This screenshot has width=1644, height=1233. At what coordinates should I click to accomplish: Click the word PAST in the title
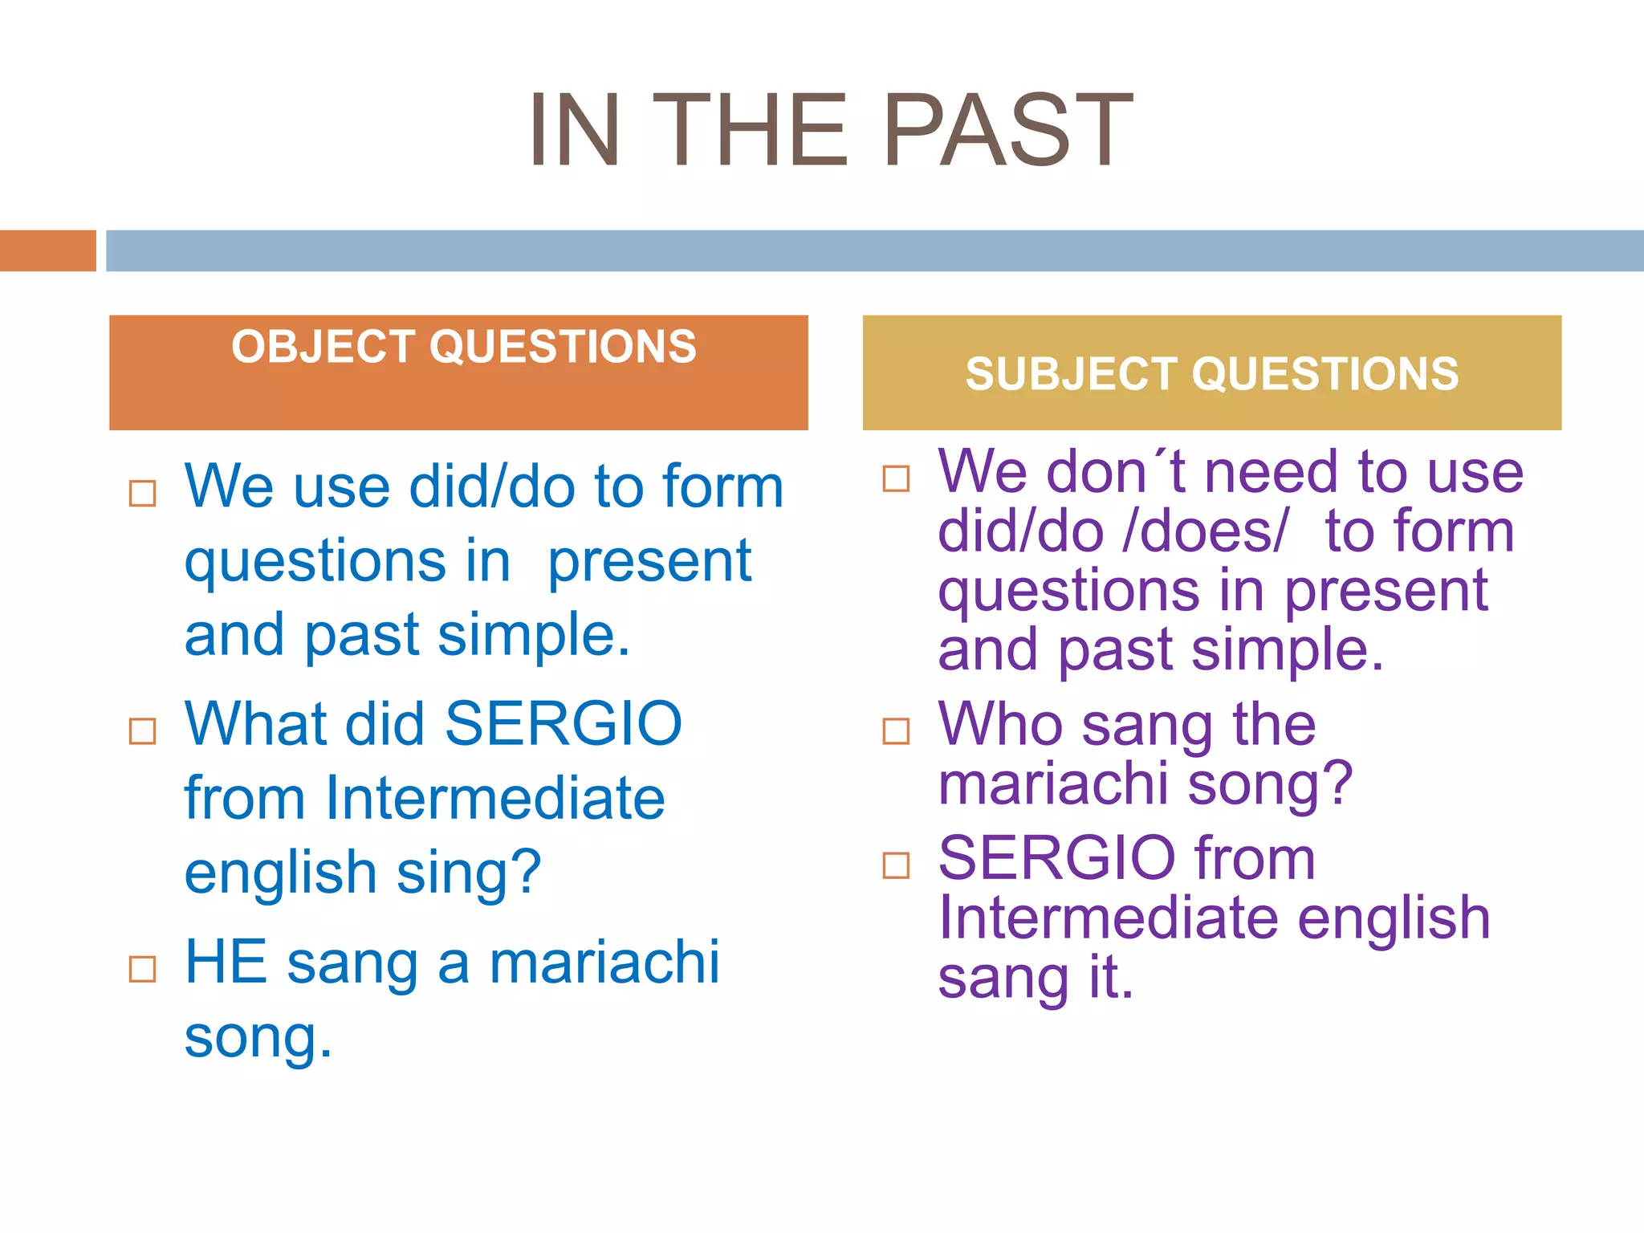click(1007, 130)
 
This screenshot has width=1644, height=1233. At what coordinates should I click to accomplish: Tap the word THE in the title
click(751, 130)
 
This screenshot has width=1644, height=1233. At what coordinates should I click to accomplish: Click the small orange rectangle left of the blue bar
click(47, 250)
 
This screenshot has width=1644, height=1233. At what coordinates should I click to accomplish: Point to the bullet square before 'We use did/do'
click(143, 493)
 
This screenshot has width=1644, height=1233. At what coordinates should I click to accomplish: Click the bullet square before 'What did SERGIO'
click(143, 730)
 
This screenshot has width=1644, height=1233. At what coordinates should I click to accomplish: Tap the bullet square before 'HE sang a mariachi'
click(143, 969)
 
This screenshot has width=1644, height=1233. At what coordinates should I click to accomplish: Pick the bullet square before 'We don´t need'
click(896, 478)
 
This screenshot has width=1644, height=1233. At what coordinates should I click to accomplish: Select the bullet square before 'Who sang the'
click(896, 730)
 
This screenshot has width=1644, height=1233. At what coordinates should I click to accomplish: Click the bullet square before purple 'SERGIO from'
click(896, 865)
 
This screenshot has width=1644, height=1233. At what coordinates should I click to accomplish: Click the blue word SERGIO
click(563, 724)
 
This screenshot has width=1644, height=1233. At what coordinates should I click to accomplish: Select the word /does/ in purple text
click(1205, 531)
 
